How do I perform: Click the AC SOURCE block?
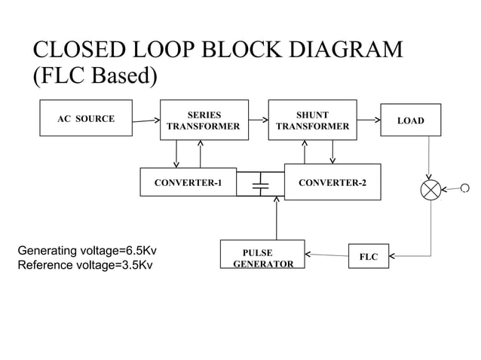[86, 119]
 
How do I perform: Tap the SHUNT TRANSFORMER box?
[312, 121]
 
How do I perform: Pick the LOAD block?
[410, 121]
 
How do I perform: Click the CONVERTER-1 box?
[188, 183]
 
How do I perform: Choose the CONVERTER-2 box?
[332, 182]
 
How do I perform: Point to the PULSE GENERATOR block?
[262, 257]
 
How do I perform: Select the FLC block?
[368, 257]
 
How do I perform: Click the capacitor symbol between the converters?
[260, 184]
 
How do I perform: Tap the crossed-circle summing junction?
[431, 189]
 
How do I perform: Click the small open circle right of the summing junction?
[464, 188]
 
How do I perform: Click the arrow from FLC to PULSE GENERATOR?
[326, 256]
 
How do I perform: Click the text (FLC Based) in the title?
[95, 77]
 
